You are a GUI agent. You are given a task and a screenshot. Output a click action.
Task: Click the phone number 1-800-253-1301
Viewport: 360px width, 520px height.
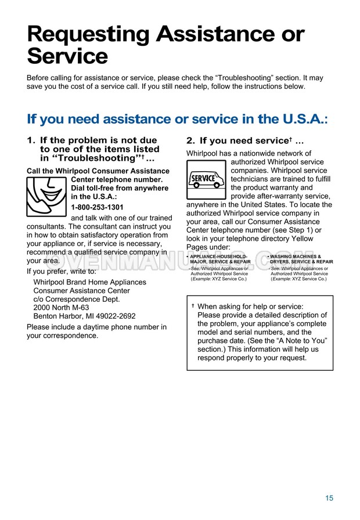pyautogui.click(x=97, y=207)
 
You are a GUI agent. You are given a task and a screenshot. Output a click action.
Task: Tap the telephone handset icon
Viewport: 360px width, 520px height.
pyautogui.click(x=46, y=196)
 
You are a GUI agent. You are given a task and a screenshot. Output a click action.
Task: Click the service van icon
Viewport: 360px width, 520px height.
pyautogui.click(x=206, y=178)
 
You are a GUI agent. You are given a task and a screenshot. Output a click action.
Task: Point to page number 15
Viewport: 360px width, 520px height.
pyautogui.click(x=329, y=498)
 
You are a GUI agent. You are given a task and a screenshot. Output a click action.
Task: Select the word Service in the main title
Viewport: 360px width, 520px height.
pyautogui.click(x=67, y=57)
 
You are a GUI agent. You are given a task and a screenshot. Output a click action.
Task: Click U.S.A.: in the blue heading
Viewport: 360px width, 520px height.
pyautogui.click(x=298, y=119)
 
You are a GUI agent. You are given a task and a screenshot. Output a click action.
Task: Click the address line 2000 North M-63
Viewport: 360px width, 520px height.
pyautogui.click(x=61, y=308)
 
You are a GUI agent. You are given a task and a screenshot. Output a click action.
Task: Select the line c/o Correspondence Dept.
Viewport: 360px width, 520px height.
pyautogui.click(x=77, y=299)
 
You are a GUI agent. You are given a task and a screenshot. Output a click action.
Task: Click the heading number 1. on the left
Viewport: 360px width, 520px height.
pyautogui.click(x=31, y=140)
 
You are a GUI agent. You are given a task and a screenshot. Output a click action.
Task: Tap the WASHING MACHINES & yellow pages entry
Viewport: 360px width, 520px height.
pyautogui.click(x=296, y=256)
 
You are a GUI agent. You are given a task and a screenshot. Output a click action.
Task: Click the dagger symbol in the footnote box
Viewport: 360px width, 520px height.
pyautogui.click(x=193, y=305)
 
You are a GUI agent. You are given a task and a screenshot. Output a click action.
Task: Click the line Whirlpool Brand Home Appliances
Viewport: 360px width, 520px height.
pyautogui.click(x=89, y=282)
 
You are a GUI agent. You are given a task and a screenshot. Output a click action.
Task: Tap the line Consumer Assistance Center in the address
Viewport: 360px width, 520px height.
pyautogui.click(x=81, y=291)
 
